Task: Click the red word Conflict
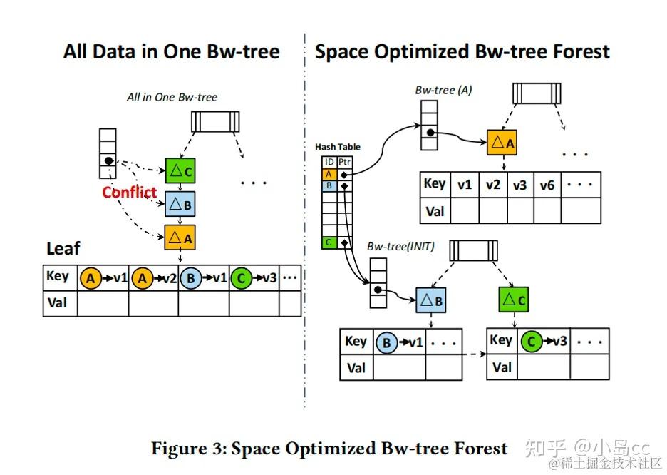click(129, 192)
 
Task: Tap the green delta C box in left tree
click(180, 172)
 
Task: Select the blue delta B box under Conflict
click(180, 204)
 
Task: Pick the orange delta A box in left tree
click(180, 236)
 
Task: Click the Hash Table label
click(338, 147)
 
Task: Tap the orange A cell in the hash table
click(329, 174)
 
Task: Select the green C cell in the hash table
click(329, 242)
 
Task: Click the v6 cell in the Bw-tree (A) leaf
click(547, 185)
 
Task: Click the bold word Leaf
click(63, 249)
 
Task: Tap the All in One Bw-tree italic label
click(172, 97)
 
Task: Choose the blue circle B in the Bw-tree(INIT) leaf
click(386, 343)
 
